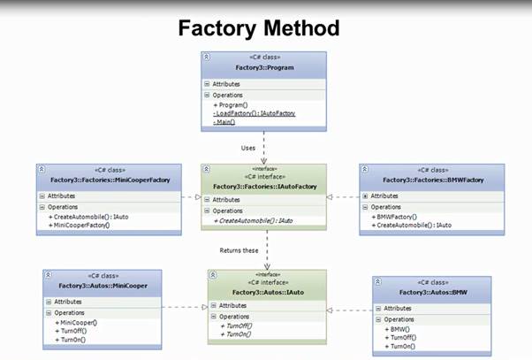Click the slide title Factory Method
pyautogui.click(x=258, y=27)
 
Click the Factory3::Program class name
pyautogui.click(x=263, y=66)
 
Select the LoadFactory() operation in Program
pyautogui.click(x=255, y=113)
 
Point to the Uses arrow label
pyautogui.click(x=249, y=147)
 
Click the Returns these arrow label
pyautogui.click(x=239, y=250)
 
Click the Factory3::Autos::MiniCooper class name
pyautogui.click(x=104, y=286)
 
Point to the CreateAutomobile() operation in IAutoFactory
pyautogui.click(x=253, y=220)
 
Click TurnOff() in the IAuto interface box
pyautogui.click(x=236, y=326)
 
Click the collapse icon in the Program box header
pyautogui.click(x=206, y=56)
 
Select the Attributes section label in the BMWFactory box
pyautogui.click(x=384, y=195)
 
